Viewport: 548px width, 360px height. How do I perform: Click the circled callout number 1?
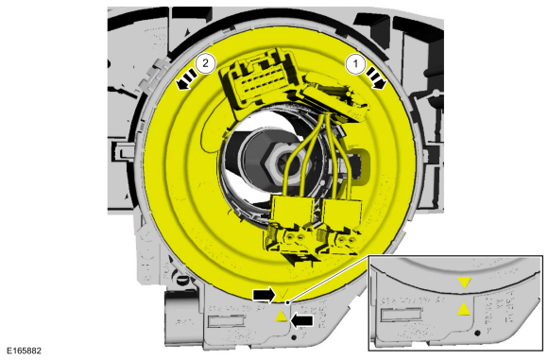tap(356, 64)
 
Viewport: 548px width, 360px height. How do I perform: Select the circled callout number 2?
tap(206, 63)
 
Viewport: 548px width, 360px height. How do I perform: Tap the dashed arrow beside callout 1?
tap(376, 78)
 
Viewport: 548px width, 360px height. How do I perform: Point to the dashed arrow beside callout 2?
tap(186, 79)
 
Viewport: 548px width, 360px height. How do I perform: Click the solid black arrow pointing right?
tap(265, 296)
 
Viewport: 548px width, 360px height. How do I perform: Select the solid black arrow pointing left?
tap(302, 320)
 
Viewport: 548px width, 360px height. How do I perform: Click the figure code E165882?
tap(25, 351)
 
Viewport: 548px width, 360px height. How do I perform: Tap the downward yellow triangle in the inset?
tap(465, 283)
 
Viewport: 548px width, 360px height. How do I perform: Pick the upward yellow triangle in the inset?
tap(464, 309)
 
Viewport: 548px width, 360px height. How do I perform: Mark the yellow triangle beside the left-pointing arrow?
tap(281, 317)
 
